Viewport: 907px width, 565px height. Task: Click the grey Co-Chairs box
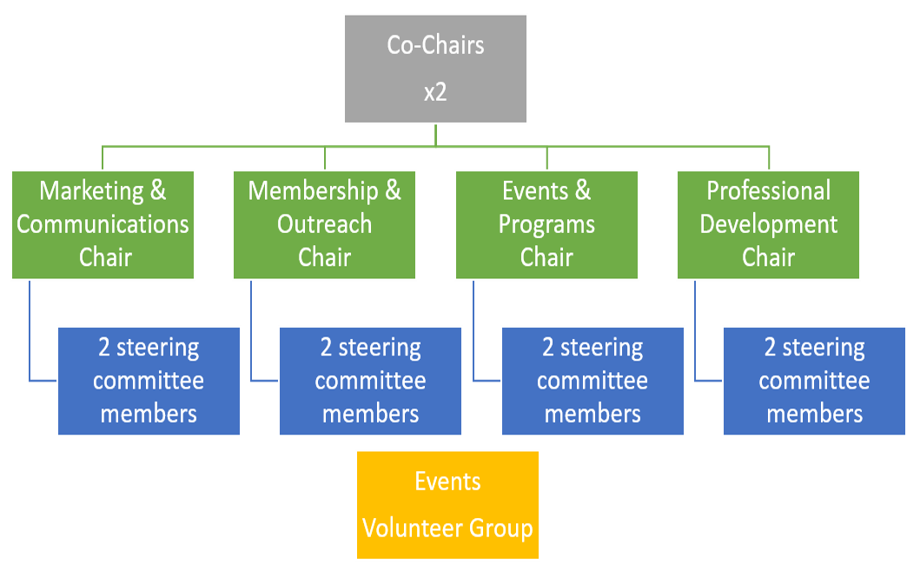435,69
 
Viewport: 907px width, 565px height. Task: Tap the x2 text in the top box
435,92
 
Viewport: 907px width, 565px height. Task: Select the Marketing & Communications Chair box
103,224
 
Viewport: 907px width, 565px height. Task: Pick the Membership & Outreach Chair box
325,224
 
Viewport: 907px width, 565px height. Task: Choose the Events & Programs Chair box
546,224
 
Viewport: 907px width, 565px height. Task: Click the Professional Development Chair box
768,224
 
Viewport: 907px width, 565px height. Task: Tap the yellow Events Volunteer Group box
447,505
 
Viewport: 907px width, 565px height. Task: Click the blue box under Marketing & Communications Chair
149,381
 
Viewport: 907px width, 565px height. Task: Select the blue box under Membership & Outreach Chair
370,381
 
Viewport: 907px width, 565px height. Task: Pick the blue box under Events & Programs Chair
593,381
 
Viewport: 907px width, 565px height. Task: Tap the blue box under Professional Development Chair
814,381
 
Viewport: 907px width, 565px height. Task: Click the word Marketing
91,191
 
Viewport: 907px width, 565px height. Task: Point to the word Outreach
325,224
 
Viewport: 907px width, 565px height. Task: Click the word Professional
768,191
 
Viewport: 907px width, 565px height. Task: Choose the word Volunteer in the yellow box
413,528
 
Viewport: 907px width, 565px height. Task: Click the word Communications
103,224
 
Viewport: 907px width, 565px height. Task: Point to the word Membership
313,191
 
